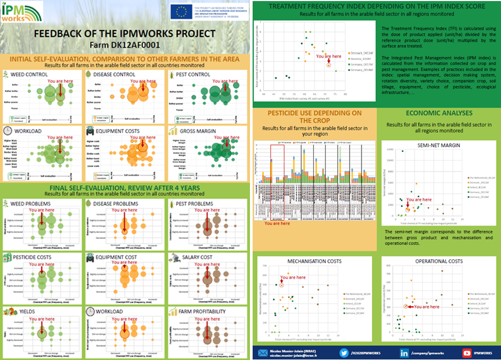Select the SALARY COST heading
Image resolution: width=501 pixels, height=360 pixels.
[x=199, y=257]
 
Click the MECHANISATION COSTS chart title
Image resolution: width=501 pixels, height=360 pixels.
[x=314, y=261]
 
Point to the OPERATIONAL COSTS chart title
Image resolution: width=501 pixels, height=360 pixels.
[x=438, y=261]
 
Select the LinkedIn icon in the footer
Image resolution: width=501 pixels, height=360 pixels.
[x=404, y=353]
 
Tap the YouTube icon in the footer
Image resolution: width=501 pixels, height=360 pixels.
[x=467, y=353]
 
